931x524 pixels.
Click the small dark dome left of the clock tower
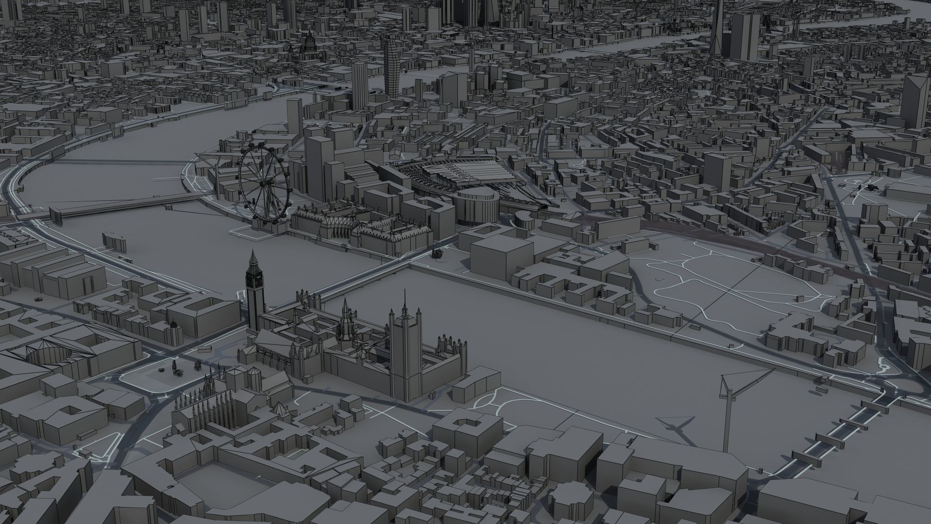tap(173, 324)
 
